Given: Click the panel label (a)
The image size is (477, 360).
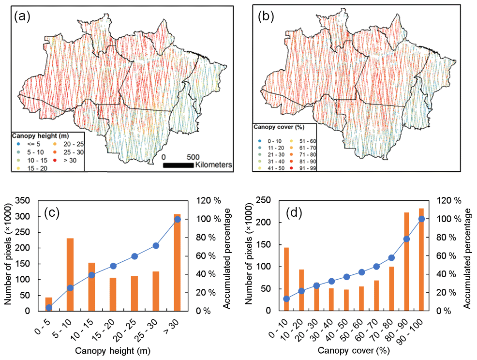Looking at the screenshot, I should [x=23, y=17].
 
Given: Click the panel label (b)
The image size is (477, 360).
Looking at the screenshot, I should [x=267, y=17].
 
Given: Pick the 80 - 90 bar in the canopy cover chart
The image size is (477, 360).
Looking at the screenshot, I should [x=406, y=261].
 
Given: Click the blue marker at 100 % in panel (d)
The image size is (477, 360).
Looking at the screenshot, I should [x=421, y=219].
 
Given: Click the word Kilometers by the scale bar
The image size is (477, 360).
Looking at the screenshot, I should [x=214, y=165].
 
